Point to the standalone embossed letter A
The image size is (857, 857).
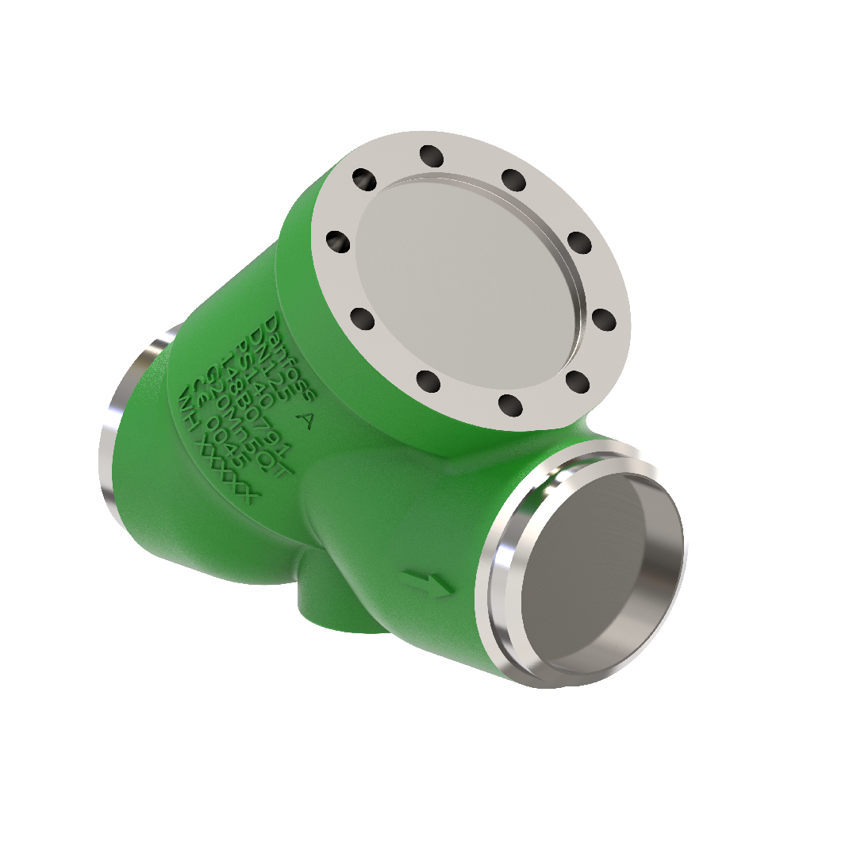click(x=303, y=420)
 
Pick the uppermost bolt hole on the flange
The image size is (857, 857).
click(x=431, y=156)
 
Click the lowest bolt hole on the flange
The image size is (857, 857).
click(x=510, y=405)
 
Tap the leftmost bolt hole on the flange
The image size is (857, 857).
click(x=338, y=241)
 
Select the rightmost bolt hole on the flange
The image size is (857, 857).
click(x=604, y=320)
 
